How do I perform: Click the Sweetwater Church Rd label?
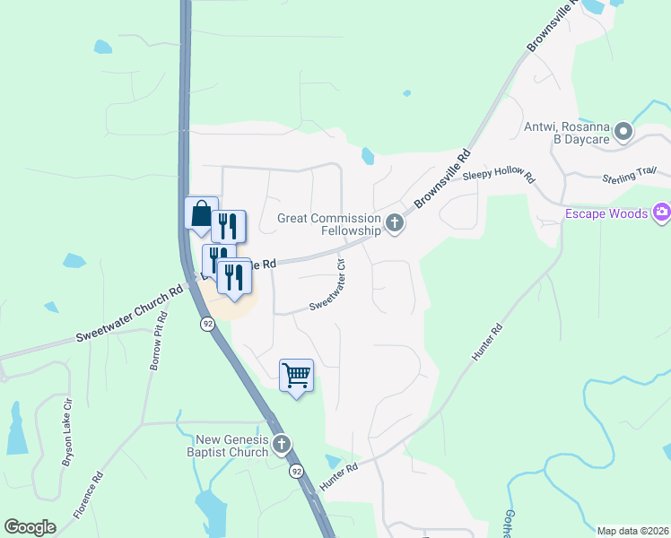tap(129, 313)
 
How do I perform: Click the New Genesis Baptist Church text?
tap(232, 445)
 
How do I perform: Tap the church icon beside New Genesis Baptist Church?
tap(282, 444)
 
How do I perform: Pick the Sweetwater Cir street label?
tap(329, 286)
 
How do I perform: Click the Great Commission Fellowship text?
tap(329, 223)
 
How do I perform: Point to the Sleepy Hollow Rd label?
tap(498, 177)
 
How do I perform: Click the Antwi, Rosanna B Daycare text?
tap(567, 134)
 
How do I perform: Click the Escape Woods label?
tap(606, 213)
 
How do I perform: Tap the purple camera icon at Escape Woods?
tap(661, 213)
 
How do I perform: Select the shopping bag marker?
tap(201, 213)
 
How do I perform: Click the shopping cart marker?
tap(296, 375)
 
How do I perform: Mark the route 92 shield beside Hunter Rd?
tap(296, 471)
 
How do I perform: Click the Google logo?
tap(30, 526)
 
